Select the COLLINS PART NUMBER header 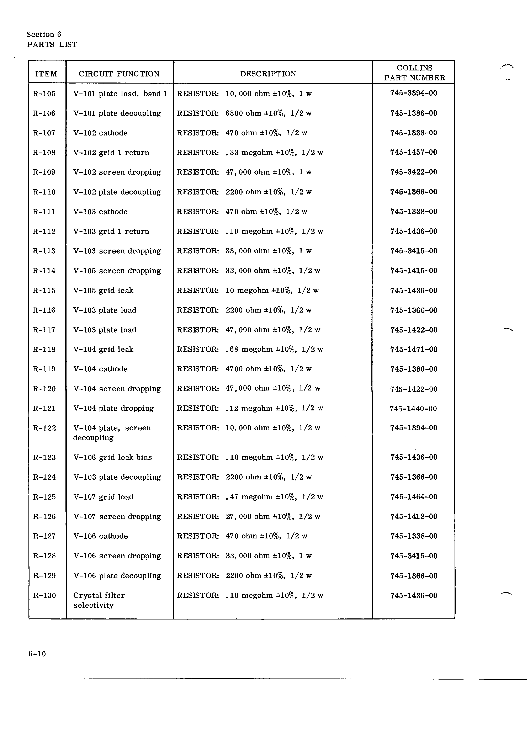[414, 73]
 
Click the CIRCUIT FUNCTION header [119, 74]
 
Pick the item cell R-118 [44, 349]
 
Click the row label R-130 [44, 596]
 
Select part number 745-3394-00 [414, 93]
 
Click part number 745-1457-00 [414, 152]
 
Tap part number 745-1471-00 [414, 349]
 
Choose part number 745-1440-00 [413, 409]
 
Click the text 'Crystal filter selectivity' [99, 600]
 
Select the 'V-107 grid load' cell [103, 497]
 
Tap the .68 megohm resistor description [250, 349]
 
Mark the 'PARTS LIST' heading [52, 45]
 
